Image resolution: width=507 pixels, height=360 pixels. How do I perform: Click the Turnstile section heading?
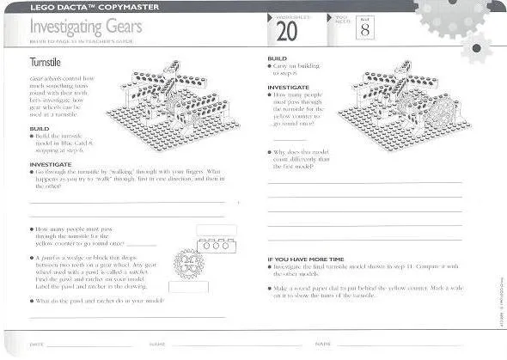45,64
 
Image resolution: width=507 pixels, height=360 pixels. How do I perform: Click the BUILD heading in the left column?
40,128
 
